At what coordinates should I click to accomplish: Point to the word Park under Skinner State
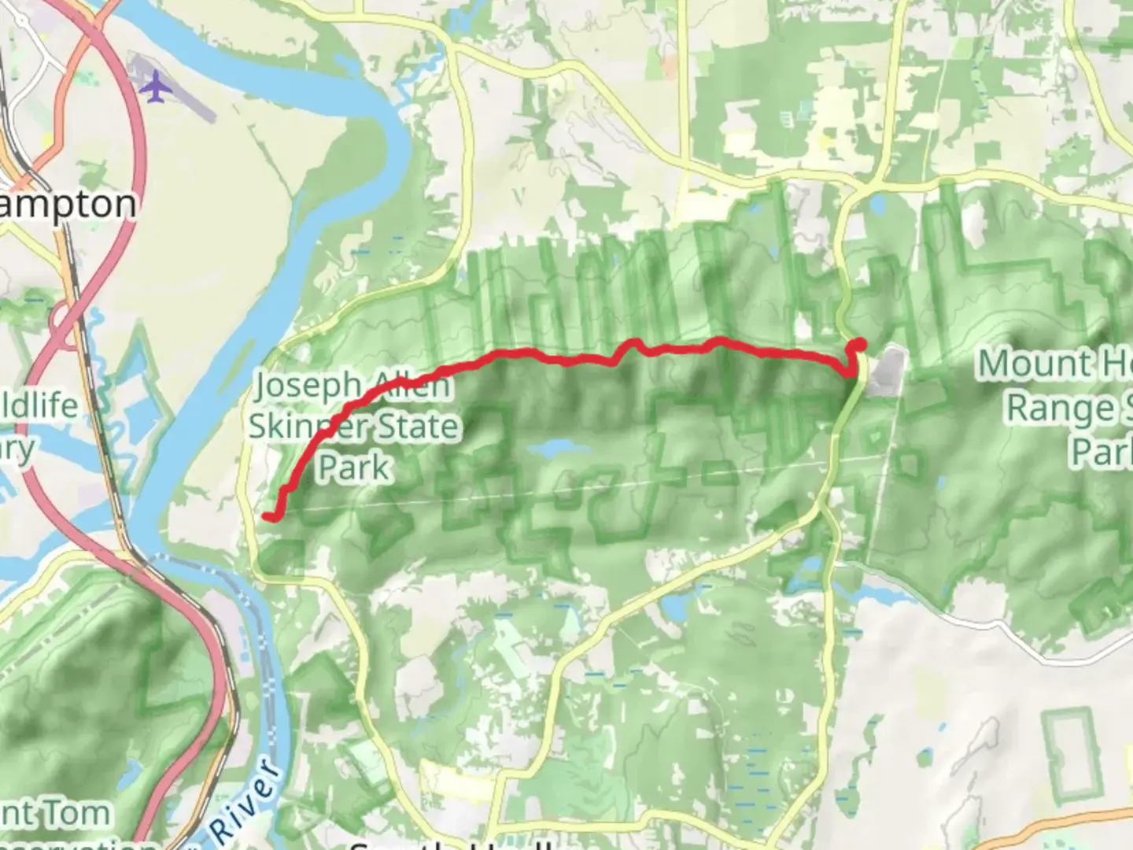point(354,468)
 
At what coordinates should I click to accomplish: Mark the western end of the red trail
point(268,516)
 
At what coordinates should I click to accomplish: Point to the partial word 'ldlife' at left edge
point(39,406)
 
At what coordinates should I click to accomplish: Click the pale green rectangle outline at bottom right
point(1069,752)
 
